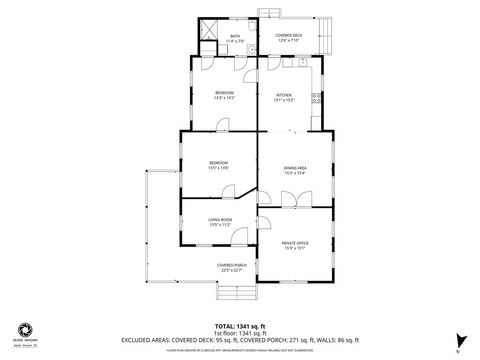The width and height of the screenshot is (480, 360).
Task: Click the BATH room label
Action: (235, 36)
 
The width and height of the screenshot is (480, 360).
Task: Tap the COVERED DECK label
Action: (289, 37)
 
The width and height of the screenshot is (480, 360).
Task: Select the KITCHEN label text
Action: (284, 96)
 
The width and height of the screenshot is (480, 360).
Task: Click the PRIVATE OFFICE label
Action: (294, 244)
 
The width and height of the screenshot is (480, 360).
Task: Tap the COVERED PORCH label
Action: (232, 266)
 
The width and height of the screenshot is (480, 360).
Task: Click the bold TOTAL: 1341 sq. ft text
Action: (240, 326)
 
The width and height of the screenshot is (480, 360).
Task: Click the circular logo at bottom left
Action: (24, 329)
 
